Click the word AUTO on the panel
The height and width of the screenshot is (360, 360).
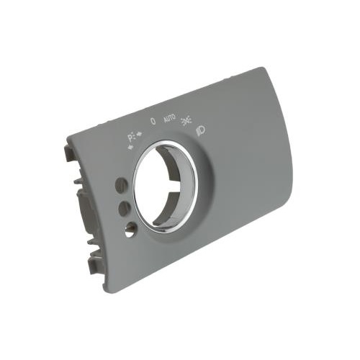170,119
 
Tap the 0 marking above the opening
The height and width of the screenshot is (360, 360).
153,121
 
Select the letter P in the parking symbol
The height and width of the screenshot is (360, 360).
130,138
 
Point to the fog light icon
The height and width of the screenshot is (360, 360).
201,131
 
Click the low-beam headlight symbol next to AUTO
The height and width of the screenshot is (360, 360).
186,120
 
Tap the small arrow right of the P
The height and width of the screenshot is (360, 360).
139,134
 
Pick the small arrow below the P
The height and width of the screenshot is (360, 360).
131,147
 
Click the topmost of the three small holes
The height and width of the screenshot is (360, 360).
122,185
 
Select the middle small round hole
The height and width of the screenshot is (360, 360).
125,208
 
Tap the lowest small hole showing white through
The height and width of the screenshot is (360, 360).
130,230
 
